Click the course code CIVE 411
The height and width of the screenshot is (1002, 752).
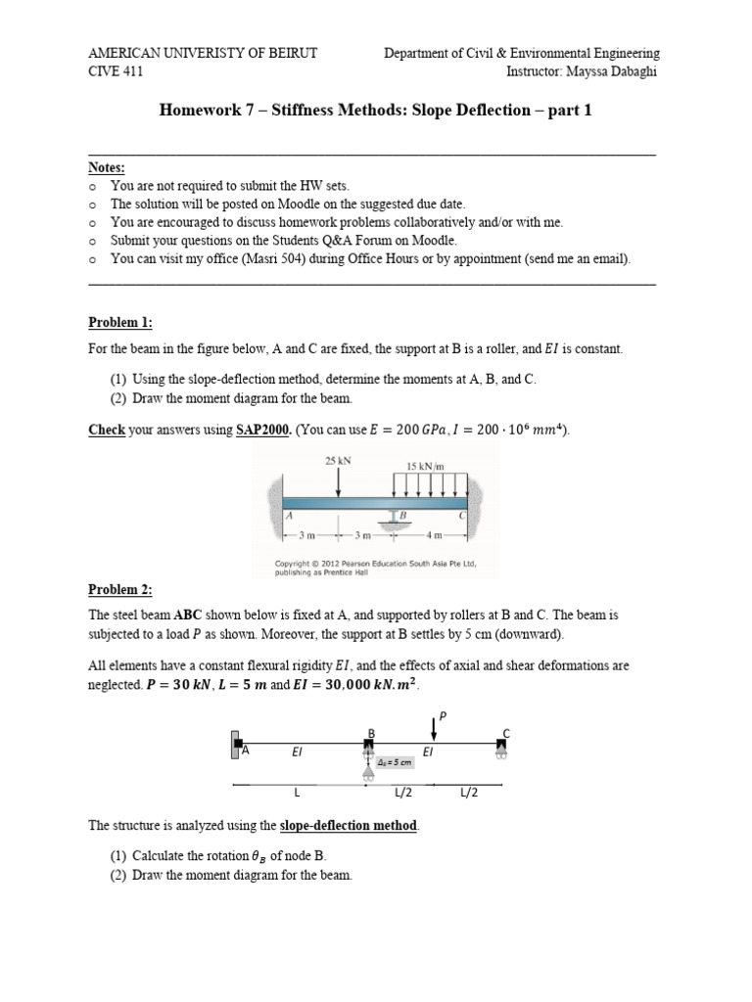pos(117,71)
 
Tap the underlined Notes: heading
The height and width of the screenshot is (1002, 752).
pos(107,168)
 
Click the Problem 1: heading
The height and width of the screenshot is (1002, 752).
pos(120,323)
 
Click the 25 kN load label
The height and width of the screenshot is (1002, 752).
pos(338,459)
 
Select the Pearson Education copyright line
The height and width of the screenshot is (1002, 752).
pos(372,564)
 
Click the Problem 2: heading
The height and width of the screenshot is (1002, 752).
pos(120,589)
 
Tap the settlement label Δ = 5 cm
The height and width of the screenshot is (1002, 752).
pos(394,762)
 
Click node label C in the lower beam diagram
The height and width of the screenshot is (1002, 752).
pos(506,734)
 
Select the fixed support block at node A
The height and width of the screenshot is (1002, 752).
pos(235,744)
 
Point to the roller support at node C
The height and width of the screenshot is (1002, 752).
pos(501,753)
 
